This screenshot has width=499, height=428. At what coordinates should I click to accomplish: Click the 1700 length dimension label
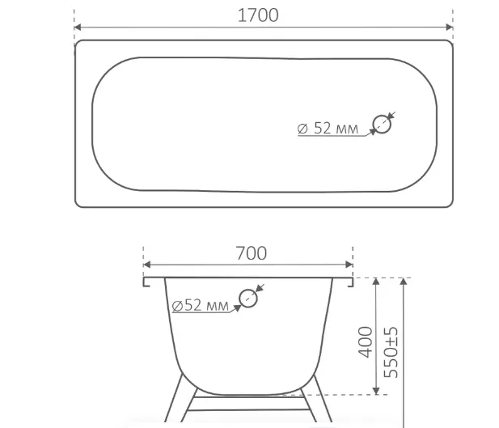[x=258, y=15]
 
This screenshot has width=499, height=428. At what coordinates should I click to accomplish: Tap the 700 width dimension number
[x=251, y=253]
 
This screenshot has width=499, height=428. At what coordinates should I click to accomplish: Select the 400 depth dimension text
[x=365, y=342]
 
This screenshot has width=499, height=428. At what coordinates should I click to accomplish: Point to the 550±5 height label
[x=391, y=352]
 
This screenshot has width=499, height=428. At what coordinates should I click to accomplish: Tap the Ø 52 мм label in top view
[x=328, y=128]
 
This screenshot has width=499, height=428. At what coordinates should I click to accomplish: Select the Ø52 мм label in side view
[x=201, y=305]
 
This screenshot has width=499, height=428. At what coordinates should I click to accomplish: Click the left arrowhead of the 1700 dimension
[x=78, y=27]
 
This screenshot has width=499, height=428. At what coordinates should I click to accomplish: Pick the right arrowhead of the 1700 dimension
[x=450, y=27]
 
